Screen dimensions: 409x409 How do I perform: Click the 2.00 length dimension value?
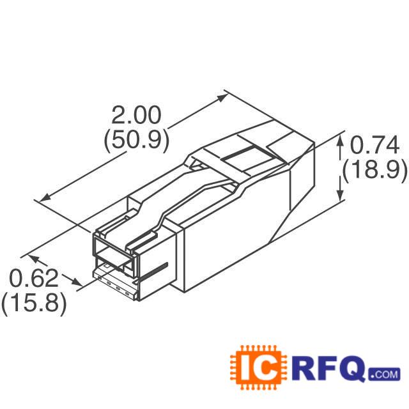click(x=136, y=115)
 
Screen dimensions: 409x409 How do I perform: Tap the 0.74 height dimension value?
click(x=374, y=145)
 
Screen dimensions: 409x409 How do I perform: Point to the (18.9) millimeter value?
click(x=374, y=169)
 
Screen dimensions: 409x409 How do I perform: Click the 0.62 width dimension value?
click(x=34, y=279)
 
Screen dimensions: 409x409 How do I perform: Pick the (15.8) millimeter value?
click(x=34, y=304)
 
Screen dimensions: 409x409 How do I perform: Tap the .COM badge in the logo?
click(x=383, y=374)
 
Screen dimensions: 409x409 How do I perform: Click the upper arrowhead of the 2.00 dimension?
click(x=222, y=98)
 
